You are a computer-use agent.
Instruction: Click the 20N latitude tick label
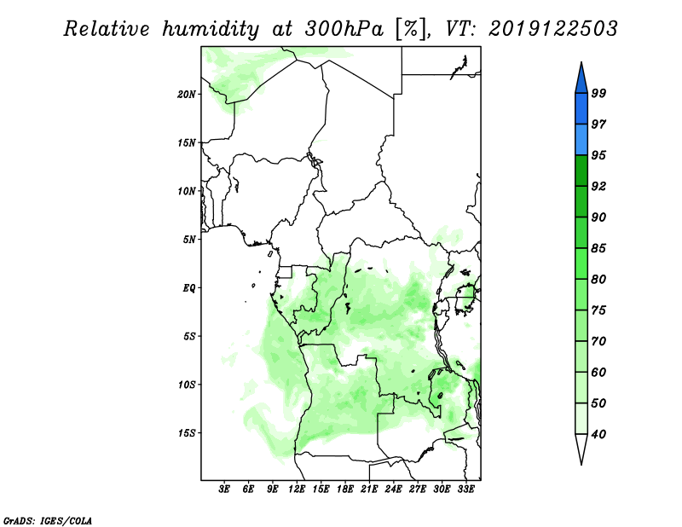[x=187, y=94]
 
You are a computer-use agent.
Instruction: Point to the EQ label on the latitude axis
[x=189, y=287]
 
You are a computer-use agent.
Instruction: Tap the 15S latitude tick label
[x=187, y=433]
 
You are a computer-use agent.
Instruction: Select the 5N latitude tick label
[x=189, y=240]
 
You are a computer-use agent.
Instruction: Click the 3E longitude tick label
[x=224, y=489]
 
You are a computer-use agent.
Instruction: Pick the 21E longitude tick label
[x=369, y=489]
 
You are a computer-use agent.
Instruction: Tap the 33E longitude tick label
[x=465, y=489]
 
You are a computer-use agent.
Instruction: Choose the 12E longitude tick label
[x=297, y=489]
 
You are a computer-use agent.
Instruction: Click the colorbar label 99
[x=598, y=93]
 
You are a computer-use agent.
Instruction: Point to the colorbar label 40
[x=598, y=434]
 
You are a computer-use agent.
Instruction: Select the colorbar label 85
[x=598, y=248]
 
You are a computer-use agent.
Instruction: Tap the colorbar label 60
[x=598, y=372]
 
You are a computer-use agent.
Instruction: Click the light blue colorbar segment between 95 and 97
[x=581, y=140]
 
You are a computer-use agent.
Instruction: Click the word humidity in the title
[x=211, y=29]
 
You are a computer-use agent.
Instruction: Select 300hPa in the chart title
[x=344, y=29]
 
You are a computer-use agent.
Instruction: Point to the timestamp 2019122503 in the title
[x=552, y=29]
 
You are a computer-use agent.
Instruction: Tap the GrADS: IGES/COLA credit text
[x=48, y=520]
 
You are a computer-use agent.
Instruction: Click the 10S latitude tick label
[x=187, y=385]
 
